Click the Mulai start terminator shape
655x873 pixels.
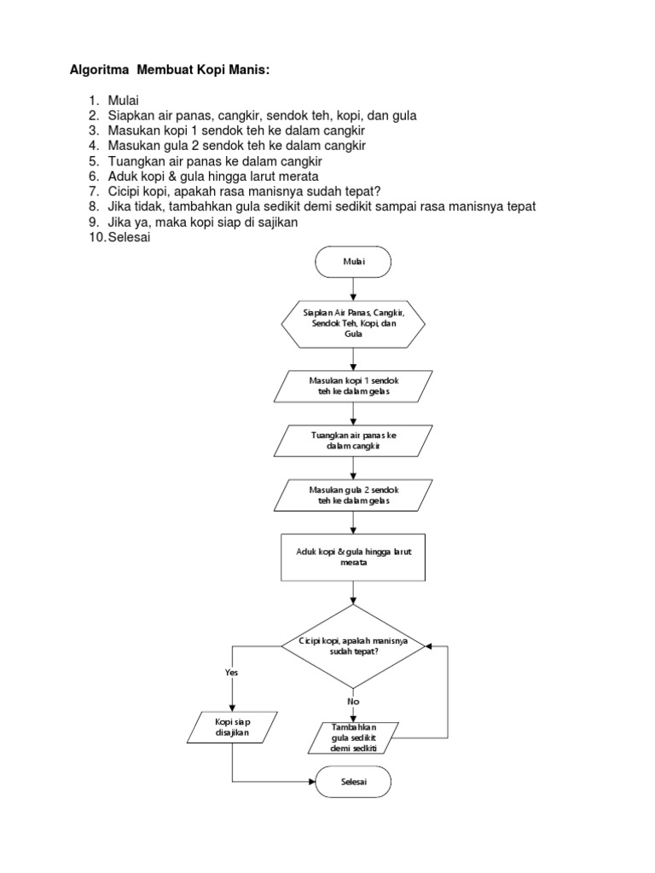pyautogui.click(x=352, y=263)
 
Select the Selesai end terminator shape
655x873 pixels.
pyautogui.click(x=352, y=782)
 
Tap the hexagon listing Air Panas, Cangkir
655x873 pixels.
pyautogui.click(x=352, y=325)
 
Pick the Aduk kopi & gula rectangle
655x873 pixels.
pyautogui.click(x=352, y=558)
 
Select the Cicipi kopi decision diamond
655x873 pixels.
pyautogui.click(x=352, y=645)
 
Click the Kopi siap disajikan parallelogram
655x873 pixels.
pyautogui.click(x=232, y=728)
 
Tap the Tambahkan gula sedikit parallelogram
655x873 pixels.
pyautogui.click(x=352, y=737)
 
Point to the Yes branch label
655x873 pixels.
pyautogui.click(x=231, y=672)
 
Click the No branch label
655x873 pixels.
pyautogui.click(x=353, y=701)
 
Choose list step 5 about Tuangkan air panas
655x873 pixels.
pyautogui.click(x=213, y=161)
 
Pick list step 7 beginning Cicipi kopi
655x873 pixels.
pyautogui.click(x=243, y=192)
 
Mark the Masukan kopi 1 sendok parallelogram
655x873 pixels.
pyautogui.click(x=352, y=385)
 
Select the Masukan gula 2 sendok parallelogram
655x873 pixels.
pyautogui.click(x=352, y=496)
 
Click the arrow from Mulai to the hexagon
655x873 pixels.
pyautogui.click(x=352, y=291)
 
